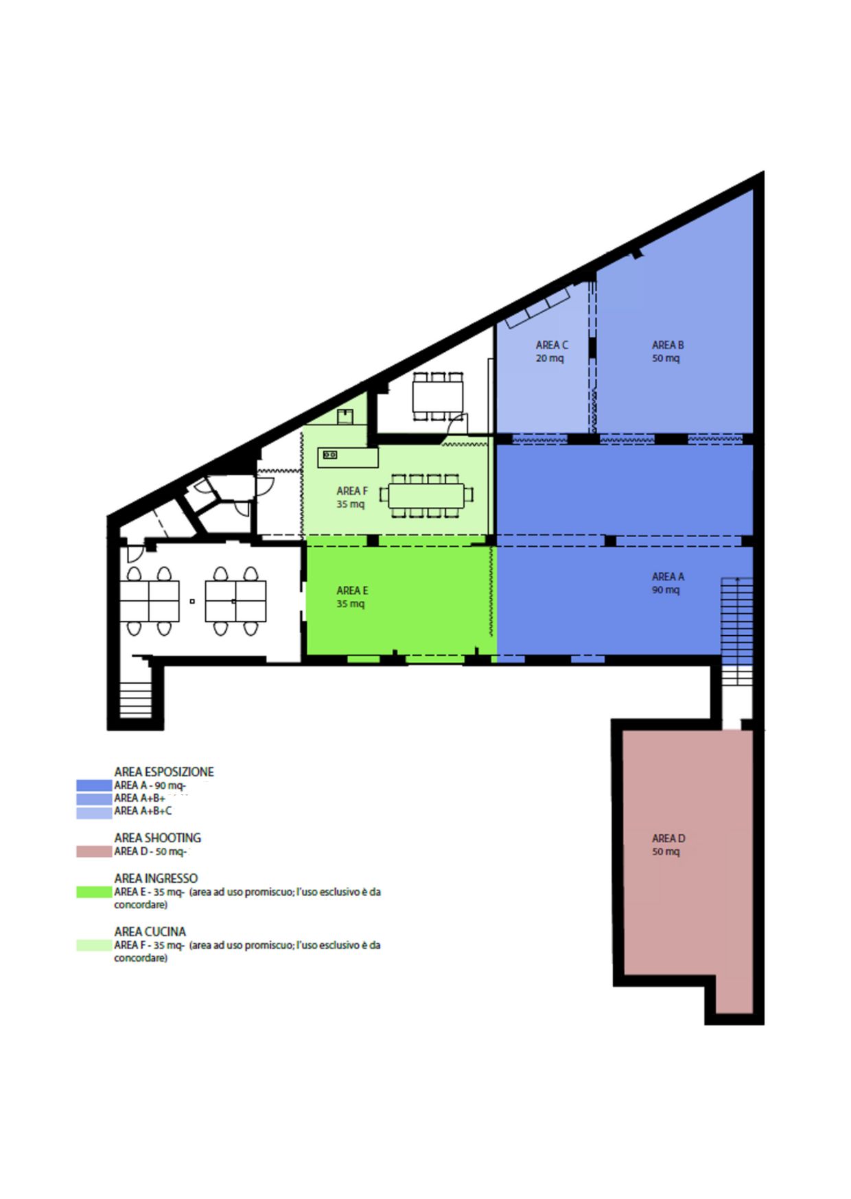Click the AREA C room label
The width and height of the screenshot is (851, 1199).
click(x=551, y=351)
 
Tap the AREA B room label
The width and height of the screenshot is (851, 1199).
click(x=667, y=351)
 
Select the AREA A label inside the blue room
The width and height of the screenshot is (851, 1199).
click(x=667, y=583)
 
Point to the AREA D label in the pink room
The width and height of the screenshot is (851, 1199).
click(x=668, y=844)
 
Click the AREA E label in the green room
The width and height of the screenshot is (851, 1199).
click(x=352, y=597)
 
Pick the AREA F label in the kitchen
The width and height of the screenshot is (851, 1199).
click(x=352, y=497)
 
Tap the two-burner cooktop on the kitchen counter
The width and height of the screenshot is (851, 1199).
click(x=330, y=454)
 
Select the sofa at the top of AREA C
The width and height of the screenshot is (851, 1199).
click(x=538, y=307)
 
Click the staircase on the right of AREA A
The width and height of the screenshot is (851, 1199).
click(x=736, y=632)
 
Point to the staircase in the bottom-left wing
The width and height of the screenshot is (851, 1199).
click(x=135, y=699)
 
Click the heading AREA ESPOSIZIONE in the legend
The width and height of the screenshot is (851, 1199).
click(x=164, y=772)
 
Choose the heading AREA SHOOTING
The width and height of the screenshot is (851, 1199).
click(x=158, y=838)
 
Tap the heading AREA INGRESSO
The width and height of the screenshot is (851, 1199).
click(x=156, y=878)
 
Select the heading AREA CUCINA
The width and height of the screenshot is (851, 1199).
click(x=150, y=931)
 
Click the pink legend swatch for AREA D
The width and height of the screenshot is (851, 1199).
click(x=94, y=851)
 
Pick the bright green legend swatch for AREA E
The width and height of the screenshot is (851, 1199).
click(x=94, y=892)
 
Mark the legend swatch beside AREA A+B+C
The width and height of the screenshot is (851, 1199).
click(x=94, y=812)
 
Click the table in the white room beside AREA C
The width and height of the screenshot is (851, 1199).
click(x=438, y=396)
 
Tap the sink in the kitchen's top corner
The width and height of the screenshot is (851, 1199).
click(x=345, y=416)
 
